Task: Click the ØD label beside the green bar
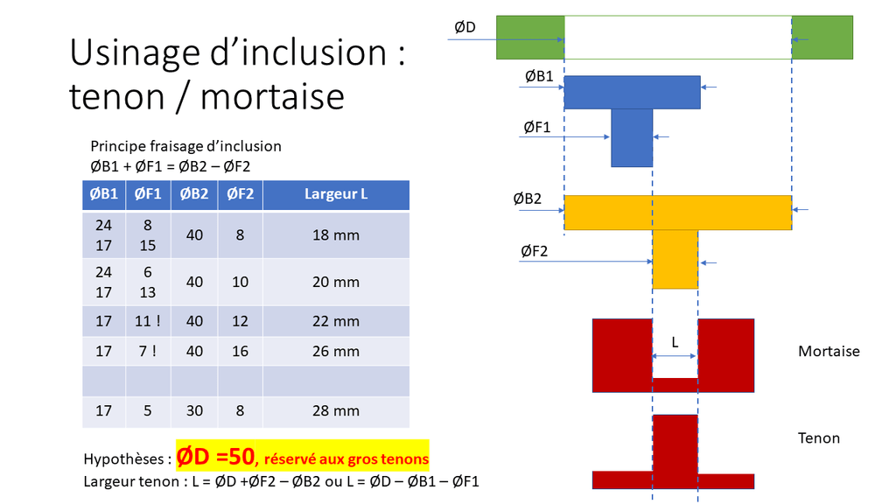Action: [x=465, y=27]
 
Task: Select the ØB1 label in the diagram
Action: [x=539, y=76]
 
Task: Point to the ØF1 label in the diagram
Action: [x=537, y=127]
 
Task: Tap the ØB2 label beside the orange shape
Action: [x=527, y=199]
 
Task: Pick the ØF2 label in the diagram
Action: [x=535, y=251]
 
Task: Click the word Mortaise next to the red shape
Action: [x=829, y=351]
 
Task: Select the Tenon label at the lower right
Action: [x=819, y=438]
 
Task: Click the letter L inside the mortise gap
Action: [x=675, y=342]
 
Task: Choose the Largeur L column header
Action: [x=336, y=194]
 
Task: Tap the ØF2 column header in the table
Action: [x=240, y=194]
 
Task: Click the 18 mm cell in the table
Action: [x=336, y=234]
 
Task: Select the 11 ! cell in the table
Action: [x=147, y=321]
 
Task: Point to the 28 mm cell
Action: [x=336, y=411]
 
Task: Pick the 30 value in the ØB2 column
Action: [x=194, y=411]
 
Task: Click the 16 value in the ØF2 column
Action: [x=240, y=352]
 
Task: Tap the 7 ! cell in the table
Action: [x=147, y=352]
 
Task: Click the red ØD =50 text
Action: [x=215, y=457]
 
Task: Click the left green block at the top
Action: [x=530, y=37]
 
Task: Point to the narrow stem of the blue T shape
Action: [x=632, y=137]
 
